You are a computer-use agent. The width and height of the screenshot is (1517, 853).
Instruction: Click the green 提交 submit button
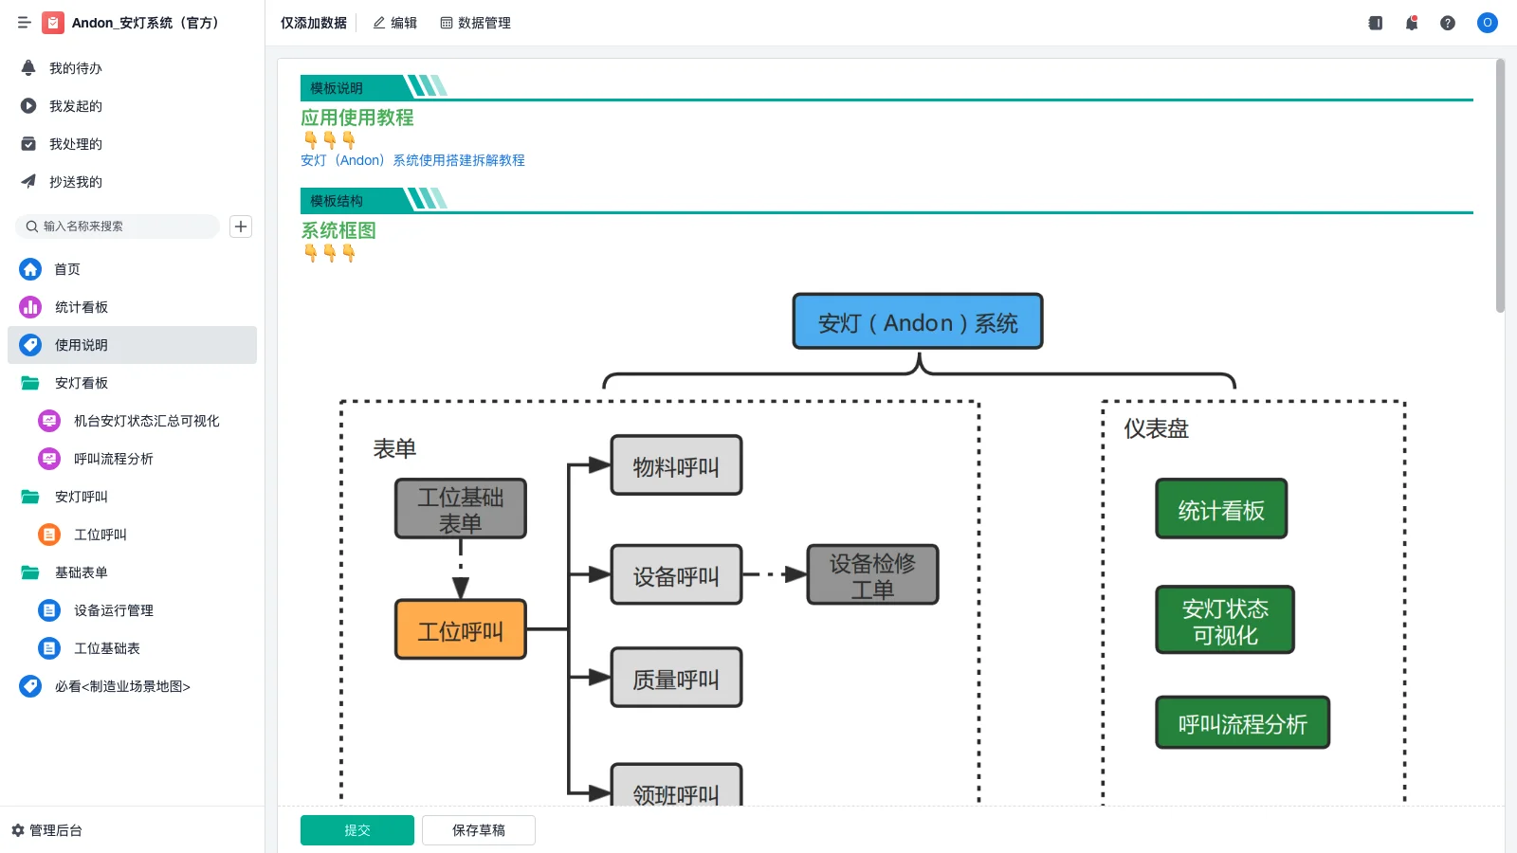pyautogui.click(x=356, y=830)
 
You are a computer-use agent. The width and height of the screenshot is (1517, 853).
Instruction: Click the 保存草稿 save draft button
pyautogui.click(x=478, y=830)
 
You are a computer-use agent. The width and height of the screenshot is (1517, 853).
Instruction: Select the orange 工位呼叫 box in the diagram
pyautogui.click(x=460, y=630)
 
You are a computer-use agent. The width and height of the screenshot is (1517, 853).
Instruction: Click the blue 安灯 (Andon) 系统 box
pyautogui.click(x=917, y=322)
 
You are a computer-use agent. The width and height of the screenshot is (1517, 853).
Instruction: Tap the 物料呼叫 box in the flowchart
pyautogui.click(x=676, y=466)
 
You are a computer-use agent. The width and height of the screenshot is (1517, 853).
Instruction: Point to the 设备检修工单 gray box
pyautogui.click(x=872, y=575)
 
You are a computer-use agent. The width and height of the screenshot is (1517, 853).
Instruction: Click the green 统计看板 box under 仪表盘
pyautogui.click(x=1220, y=510)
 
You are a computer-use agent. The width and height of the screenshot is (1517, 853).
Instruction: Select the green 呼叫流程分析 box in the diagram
pyautogui.click(x=1242, y=724)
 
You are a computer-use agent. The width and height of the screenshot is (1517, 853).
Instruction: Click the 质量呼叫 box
pyautogui.click(x=676, y=679)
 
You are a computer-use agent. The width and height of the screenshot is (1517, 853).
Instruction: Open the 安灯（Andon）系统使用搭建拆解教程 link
pyautogui.click(x=412, y=160)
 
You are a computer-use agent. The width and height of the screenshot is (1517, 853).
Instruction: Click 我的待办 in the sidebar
pyautogui.click(x=75, y=68)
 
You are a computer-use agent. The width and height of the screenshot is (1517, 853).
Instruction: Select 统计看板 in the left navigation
pyautogui.click(x=81, y=307)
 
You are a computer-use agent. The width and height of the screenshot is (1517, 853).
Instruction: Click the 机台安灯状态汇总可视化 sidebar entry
pyautogui.click(x=146, y=421)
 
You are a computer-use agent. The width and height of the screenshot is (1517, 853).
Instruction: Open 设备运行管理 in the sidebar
pyautogui.click(x=113, y=610)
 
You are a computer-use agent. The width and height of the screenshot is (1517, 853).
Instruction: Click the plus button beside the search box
pyautogui.click(x=241, y=227)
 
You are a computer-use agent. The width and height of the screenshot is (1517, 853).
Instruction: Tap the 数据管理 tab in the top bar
pyautogui.click(x=475, y=23)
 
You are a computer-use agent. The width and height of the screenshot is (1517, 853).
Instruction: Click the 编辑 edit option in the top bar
pyautogui.click(x=394, y=23)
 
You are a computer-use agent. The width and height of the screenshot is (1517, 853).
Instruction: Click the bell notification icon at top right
pyautogui.click(x=1411, y=23)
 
